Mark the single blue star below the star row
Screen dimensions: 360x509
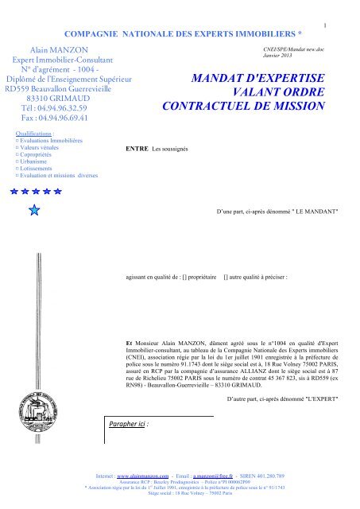(33, 209)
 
